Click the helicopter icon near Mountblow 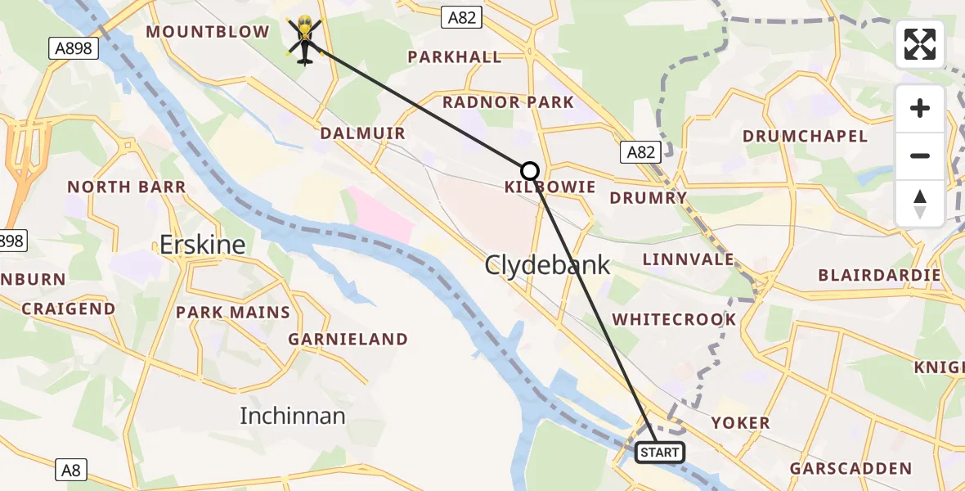[x=304, y=40]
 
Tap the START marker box [x=659, y=453]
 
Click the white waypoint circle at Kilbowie [x=530, y=171]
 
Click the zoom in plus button [x=920, y=109]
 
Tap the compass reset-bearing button [x=920, y=204]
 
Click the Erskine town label [x=203, y=244]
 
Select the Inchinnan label [x=292, y=416]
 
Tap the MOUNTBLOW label [x=207, y=32]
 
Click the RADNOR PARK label [x=508, y=102]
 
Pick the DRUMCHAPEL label [x=805, y=136]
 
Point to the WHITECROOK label [x=674, y=319]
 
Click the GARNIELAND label [x=348, y=339]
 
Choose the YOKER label [x=740, y=423]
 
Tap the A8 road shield [x=72, y=470]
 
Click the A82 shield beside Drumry [x=640, y=151]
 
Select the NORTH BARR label [x=126, y=187]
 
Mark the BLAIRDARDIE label [x=879, y=275]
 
